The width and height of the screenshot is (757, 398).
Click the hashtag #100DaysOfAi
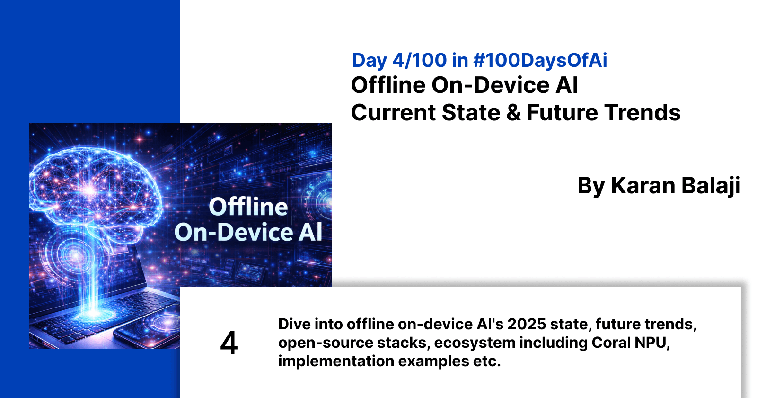pyautogui.click(x=540, y=61)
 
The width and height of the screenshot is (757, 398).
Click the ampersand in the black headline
pyautogui.click(x=513, y=113)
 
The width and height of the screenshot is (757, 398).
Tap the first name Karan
pyautogui.click(x=636, y=186)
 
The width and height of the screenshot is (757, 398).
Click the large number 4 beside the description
pyautogui.click(x=229, y=343)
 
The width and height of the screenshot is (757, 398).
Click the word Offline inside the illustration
pyautogui.click(x=248, y=207)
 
